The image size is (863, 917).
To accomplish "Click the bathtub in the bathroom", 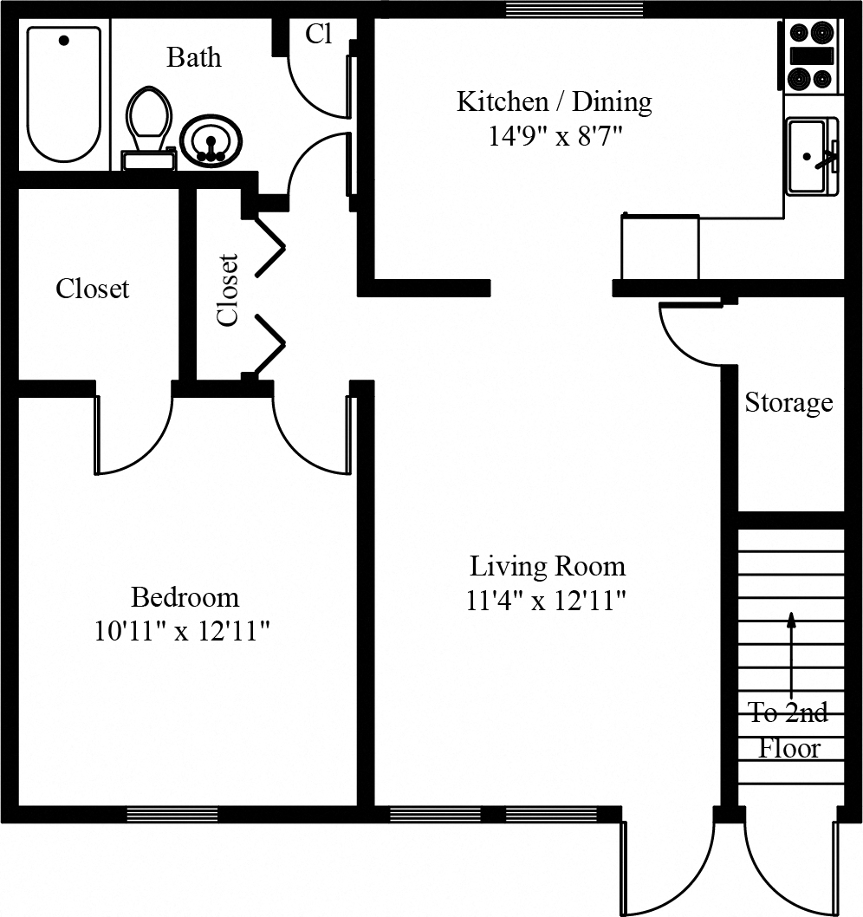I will tap(64, 94).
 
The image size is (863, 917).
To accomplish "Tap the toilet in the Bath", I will tap(150, 126).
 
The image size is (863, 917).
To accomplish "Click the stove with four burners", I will tap(812, 56).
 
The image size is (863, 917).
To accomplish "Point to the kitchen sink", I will tap(810, 157).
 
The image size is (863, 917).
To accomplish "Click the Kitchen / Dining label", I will tap(554, 101).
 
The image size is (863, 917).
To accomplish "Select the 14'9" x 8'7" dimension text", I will tap(555, 137).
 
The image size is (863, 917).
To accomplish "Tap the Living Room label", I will tap(547, 567).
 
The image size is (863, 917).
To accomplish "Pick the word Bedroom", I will tap(185, 597).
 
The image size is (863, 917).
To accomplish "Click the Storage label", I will tap(788, 403).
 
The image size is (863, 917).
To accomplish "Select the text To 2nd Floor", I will tap(788, 730).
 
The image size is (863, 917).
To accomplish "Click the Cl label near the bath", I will tap(319, 34).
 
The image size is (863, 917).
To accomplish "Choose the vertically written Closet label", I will tap(227, 289).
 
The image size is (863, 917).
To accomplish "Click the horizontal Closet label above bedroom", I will tap(93, 289).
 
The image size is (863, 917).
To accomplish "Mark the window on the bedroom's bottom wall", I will tap(172, 814).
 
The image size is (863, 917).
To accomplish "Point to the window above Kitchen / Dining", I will tap(574, 9).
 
